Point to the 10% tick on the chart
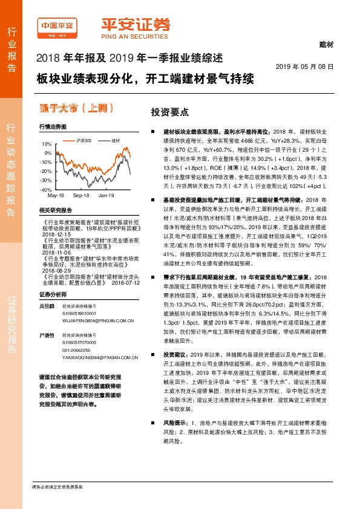point(47,144)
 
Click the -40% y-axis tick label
point(46,190)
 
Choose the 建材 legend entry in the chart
point(115,140)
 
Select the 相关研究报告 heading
point(55,210)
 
